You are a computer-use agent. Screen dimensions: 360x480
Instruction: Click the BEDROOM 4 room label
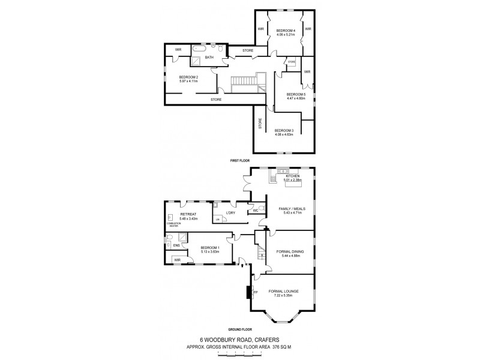(x=285, y=30)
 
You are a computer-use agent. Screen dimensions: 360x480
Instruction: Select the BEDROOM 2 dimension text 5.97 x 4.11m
(x=188, y=82)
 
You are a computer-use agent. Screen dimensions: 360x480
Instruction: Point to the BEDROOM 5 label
(x=296, y=94)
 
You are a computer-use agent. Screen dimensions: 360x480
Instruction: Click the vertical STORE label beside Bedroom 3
(x=260, y=124)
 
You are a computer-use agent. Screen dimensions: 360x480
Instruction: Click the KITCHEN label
(x=284, y=176)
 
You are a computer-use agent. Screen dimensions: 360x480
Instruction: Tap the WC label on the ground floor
(x=256, y=210)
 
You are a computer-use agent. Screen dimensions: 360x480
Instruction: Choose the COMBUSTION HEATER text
(x=173, y=225)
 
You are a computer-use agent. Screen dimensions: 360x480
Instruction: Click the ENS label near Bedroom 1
(x=176, y=245)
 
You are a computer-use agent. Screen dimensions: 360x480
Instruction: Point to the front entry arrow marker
(x=241, y=262)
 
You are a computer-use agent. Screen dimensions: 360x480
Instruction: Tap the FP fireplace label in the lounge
(x=256, y=292)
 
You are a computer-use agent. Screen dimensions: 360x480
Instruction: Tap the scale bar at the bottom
(x=240, y=355)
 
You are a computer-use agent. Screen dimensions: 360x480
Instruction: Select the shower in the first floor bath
(x=197, y=61)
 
